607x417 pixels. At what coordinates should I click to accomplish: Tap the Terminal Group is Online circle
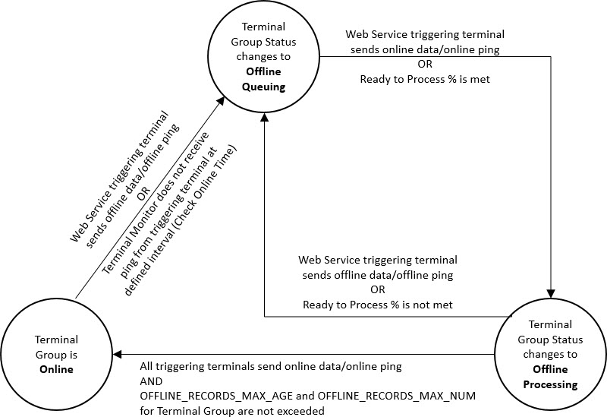[x=57, y=353]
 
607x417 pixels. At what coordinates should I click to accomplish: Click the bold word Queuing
[x=263, y=87]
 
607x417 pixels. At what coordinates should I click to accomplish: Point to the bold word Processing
[x=550, y=384]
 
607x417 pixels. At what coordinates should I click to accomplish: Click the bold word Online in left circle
[x=57, y=369]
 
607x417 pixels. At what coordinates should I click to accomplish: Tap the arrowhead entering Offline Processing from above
[x=550, y=292]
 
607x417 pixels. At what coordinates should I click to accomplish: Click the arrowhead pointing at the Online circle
[x=120, y=353]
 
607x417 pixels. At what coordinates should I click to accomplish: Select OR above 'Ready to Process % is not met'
[x=377, y=289]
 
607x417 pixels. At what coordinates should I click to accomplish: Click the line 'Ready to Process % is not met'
[x=377, y=305]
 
